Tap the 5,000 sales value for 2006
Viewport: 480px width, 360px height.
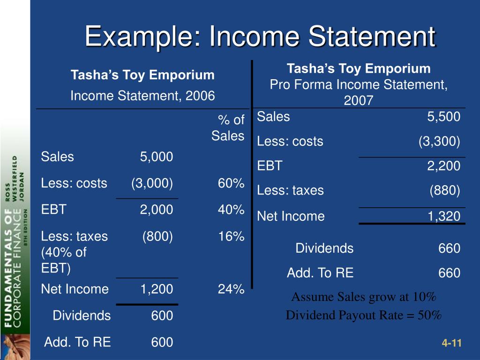(157, 157)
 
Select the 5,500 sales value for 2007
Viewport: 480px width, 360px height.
(443, 117)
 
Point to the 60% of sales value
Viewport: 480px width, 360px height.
(231, 183)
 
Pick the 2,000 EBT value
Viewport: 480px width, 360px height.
(157, 210)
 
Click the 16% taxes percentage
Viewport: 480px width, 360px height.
(231, 237)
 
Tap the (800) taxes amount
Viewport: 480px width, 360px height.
(158, 237)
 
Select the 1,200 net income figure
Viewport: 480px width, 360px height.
(157, 289)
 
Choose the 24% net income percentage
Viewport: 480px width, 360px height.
(231, 289)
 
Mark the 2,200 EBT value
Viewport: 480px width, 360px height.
(443, 165)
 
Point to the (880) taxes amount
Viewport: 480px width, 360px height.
(445, 190)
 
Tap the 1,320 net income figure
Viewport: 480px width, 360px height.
(443, 216)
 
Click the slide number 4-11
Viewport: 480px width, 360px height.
(452, 344)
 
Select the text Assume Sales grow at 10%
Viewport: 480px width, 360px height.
(364, 297)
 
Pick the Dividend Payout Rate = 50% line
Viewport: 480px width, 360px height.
(364, 315)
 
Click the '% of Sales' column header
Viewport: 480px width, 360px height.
(228, 128)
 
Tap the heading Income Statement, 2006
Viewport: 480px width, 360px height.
(142, 96)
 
